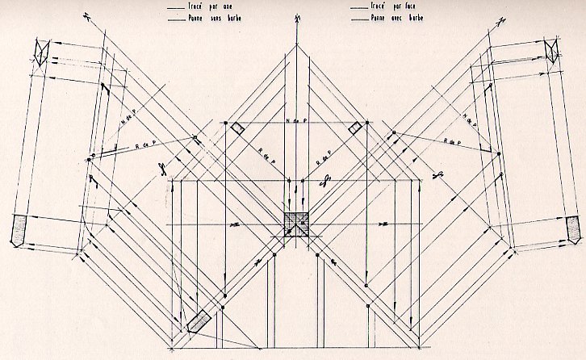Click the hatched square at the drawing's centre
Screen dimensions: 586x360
click(296, 224)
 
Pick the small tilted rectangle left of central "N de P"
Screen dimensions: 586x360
click(237, 129)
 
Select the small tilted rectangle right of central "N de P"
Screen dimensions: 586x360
click(355, 128)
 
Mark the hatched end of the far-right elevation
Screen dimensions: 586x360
click(573, 228)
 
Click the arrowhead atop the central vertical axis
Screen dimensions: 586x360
click(296, 17)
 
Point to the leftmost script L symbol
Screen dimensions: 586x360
click(161, 170)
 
